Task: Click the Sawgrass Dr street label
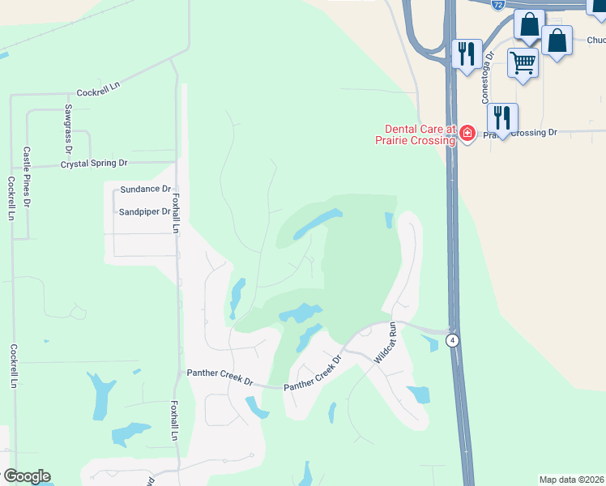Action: pos(69,129)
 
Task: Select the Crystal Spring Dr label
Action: pos(95,164)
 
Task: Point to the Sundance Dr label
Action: pos(141,189)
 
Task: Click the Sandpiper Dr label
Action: pos(144,211)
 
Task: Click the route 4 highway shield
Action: pos(453,340)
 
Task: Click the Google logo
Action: pos(27,476)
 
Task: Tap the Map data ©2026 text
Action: pos(572,480)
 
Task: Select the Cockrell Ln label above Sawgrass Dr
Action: pos(98,93)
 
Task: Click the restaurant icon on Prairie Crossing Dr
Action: pos(502,118)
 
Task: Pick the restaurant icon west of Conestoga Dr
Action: pos(465,53)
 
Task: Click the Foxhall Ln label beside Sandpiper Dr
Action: pos(174,208)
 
